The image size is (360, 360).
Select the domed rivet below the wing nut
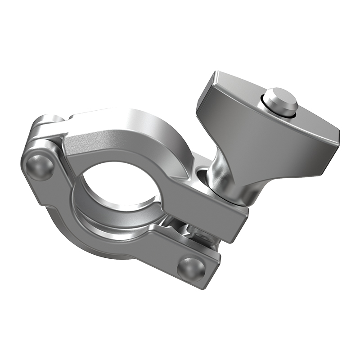[x=191, y=268]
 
